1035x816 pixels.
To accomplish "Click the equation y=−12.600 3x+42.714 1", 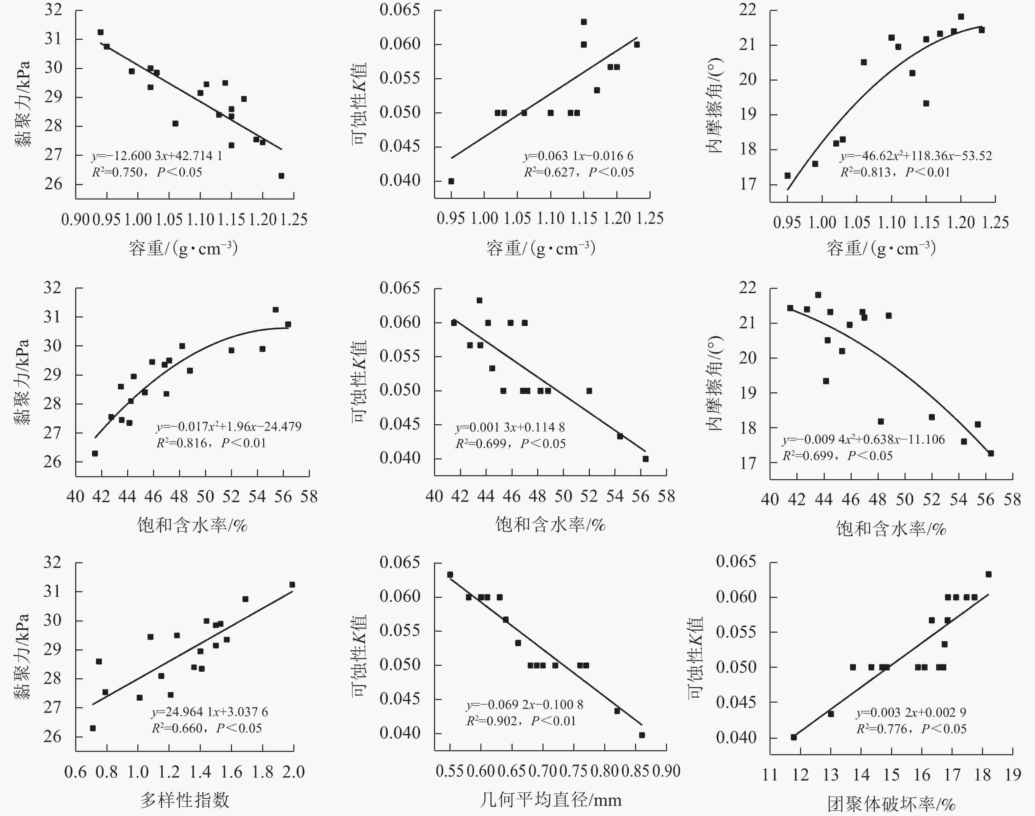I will tap(157, 156).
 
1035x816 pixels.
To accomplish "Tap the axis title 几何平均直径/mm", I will tap(550, 799).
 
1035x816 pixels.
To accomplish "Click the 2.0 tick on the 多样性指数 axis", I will tap(293, 772).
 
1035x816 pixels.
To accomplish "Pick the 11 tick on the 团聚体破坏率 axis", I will tap(770, 775).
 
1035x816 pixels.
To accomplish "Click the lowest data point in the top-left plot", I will tap(281, 176).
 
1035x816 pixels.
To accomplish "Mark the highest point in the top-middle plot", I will tap(584, 22).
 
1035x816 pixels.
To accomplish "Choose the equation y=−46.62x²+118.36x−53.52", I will tap(916, 156).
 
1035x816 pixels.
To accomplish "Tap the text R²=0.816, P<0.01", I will tap(211, 443).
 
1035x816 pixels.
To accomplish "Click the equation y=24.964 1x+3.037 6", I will tap(210, 712).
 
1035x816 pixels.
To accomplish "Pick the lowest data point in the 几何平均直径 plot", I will tap(642, 735).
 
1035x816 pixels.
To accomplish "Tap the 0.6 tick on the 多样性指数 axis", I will tap(76, 772).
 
